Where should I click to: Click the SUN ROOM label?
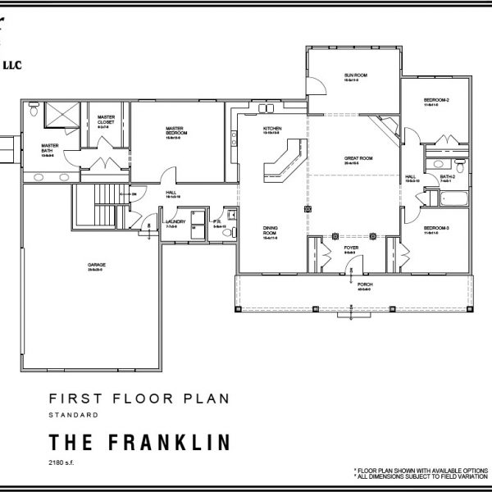354,75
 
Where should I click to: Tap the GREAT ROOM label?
358,158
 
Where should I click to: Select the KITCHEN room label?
272,130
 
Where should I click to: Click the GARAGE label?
97,265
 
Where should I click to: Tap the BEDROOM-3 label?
436,228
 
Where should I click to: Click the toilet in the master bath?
33,107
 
